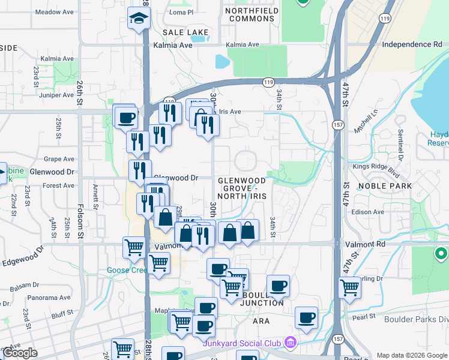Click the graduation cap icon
pos(139,18)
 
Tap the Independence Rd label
pos(412,44)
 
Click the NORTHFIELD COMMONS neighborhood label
pos(249,14)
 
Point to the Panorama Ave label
pos(49,298)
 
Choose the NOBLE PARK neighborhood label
pos(384,186)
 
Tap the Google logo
pos(20,353)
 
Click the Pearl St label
pos(363,316)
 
